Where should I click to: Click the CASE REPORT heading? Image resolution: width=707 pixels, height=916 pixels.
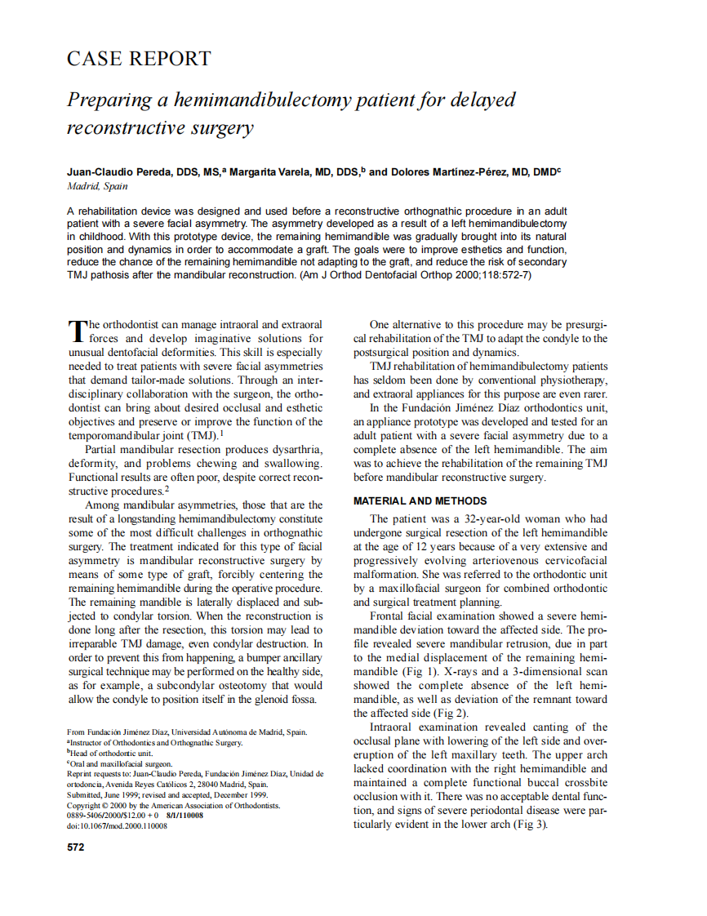click(x=138, y=59)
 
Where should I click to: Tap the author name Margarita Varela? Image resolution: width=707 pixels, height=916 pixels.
click(x=271, y=172)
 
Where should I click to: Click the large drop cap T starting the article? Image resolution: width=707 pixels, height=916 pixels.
click(x=77, y=330)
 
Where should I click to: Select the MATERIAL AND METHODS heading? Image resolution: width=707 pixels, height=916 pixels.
click(x=420, y=501)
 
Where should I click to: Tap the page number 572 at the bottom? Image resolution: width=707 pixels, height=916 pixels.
click(x=75, y=847)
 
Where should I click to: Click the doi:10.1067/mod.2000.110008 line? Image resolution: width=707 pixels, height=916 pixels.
click(x=117, y=826)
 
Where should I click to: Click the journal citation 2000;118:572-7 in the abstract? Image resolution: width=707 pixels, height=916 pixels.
click(x=487, y=276)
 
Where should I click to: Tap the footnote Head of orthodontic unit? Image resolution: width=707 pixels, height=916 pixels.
click(x=111, y=754)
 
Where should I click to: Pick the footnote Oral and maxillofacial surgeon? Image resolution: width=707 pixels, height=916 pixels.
click(x=121, y=764)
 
